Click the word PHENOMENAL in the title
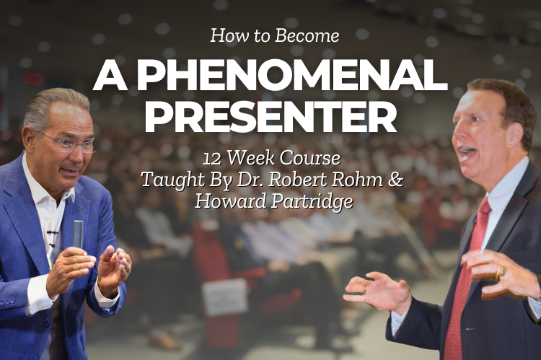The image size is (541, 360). click(x=292, y=75)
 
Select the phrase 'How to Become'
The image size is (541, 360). click(x=275, y=35)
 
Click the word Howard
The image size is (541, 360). click(x=231, y=201)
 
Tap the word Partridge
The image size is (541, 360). click(x=312, y=202)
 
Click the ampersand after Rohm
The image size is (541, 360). click(x=396, y=180)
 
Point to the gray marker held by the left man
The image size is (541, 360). click(x=78, y=234)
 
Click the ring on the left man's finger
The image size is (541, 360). click(x=128, y=268)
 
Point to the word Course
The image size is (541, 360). click(x=309, y=159)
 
